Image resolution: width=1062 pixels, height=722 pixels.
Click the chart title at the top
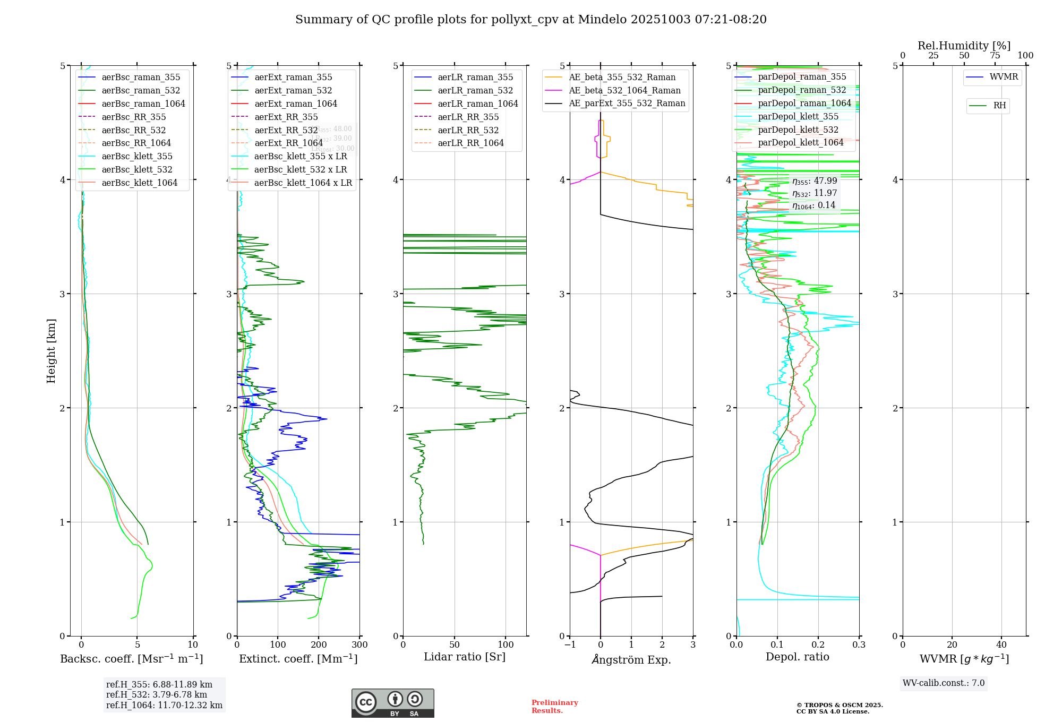(x=531, y=20)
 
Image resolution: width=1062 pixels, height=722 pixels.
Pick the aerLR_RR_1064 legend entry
(x=470, y=143)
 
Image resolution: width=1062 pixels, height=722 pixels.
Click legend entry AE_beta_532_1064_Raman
(x=624, y=91)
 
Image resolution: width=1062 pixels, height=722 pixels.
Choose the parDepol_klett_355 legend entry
(x=798, y=117)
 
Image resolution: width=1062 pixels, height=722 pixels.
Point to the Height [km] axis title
(x=51, y=351)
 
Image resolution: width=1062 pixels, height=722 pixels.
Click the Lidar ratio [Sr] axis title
(x=465, y=657)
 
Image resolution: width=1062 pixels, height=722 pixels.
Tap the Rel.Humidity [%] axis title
(x=964, y=46)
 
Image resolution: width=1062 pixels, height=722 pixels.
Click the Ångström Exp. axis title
(x=631, y=660)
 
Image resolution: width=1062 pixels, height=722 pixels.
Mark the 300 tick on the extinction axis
(x=359, y=645)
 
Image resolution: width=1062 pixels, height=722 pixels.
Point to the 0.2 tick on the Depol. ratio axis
(x=818, y=645)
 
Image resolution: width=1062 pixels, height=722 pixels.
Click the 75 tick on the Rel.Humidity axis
(x=995, y=56)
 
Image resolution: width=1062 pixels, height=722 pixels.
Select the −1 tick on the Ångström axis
(x=570, y=645)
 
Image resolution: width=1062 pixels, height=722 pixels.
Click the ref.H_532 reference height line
(x=157, y=695)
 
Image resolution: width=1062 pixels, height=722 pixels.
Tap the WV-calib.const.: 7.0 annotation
(x=944, y=683)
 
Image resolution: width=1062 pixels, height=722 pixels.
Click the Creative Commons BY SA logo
(x=392, y=703)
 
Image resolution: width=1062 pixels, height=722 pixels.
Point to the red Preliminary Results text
(x=554, y=707)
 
